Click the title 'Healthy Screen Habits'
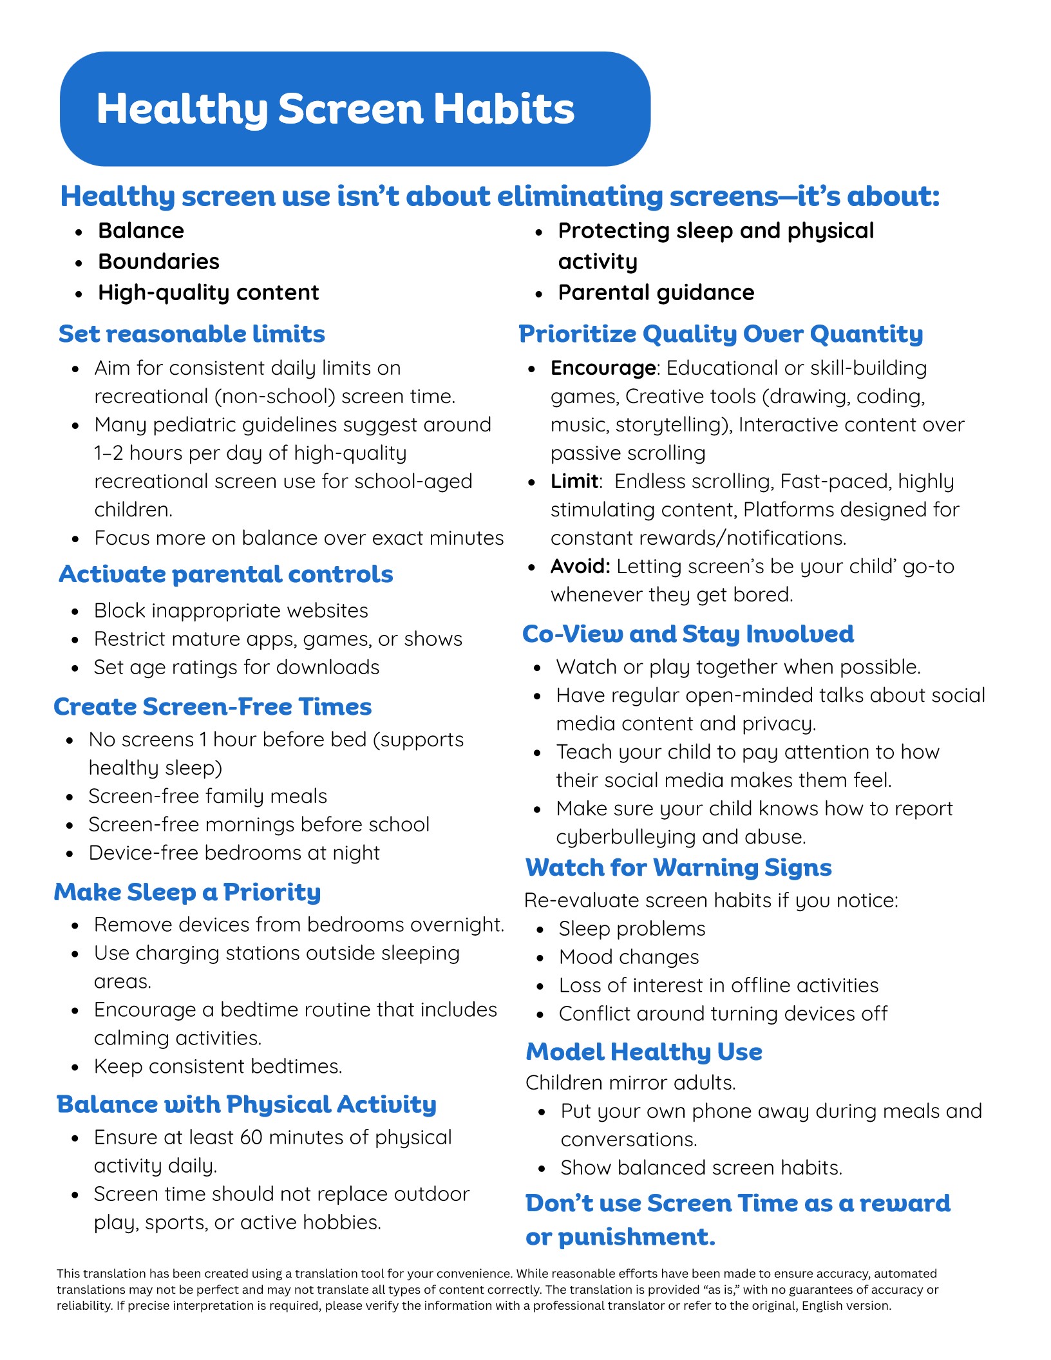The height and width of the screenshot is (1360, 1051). pos(335,109)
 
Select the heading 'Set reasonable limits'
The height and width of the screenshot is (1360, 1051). pos(192,334)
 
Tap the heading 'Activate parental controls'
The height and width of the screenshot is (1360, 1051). pos(225,574)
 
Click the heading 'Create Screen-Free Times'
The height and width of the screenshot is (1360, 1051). pos(213,707)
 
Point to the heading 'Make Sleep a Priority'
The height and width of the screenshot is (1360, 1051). pos(187,892)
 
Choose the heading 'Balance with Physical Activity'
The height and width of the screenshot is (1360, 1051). pos(247,1104)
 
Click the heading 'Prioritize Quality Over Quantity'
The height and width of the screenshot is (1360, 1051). pos(721,334)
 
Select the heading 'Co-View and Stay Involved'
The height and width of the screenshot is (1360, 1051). pos(688,634)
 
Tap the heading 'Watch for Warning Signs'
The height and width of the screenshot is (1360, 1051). pos(678,868)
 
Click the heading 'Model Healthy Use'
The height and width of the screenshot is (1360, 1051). pos(644,1052)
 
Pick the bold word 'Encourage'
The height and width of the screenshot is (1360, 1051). pos(603,368)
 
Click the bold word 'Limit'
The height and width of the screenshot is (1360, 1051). pos(574,482)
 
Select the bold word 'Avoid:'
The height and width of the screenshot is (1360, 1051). pos(580,567)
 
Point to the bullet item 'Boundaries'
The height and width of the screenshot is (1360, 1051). pos(158,262)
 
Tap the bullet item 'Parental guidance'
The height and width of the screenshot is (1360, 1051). pos(656,293)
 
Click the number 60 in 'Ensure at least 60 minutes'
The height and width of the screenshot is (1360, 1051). pos(251,1138)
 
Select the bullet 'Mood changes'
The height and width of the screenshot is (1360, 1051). pos(629,958)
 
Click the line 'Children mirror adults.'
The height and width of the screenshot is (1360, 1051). pos(630,1083)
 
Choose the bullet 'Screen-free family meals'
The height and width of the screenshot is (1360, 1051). pos(207,797)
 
